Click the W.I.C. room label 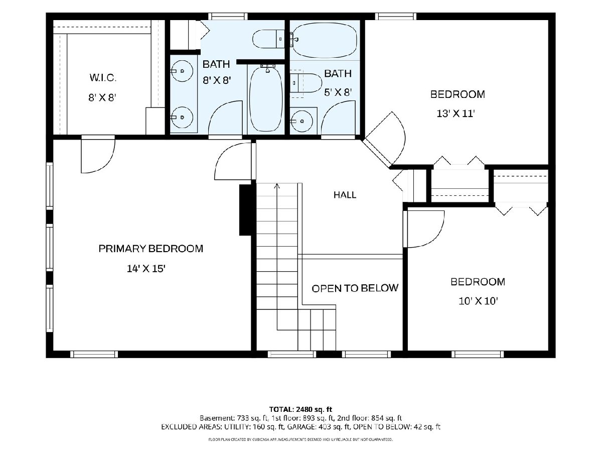103,78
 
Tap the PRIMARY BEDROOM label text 151,249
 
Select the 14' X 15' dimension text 146,268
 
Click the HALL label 345,195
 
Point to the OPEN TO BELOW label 355,288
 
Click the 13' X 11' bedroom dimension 456,114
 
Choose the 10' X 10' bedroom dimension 478,301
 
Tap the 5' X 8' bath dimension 338,92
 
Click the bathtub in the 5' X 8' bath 325,40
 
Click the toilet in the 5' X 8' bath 306,82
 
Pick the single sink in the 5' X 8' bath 302,121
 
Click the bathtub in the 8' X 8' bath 266,99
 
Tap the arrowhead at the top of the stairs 277,186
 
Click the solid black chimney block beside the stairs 245,210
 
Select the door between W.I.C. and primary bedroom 98,154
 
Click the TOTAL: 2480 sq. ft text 300,409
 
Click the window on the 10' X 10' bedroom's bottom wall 478,354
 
